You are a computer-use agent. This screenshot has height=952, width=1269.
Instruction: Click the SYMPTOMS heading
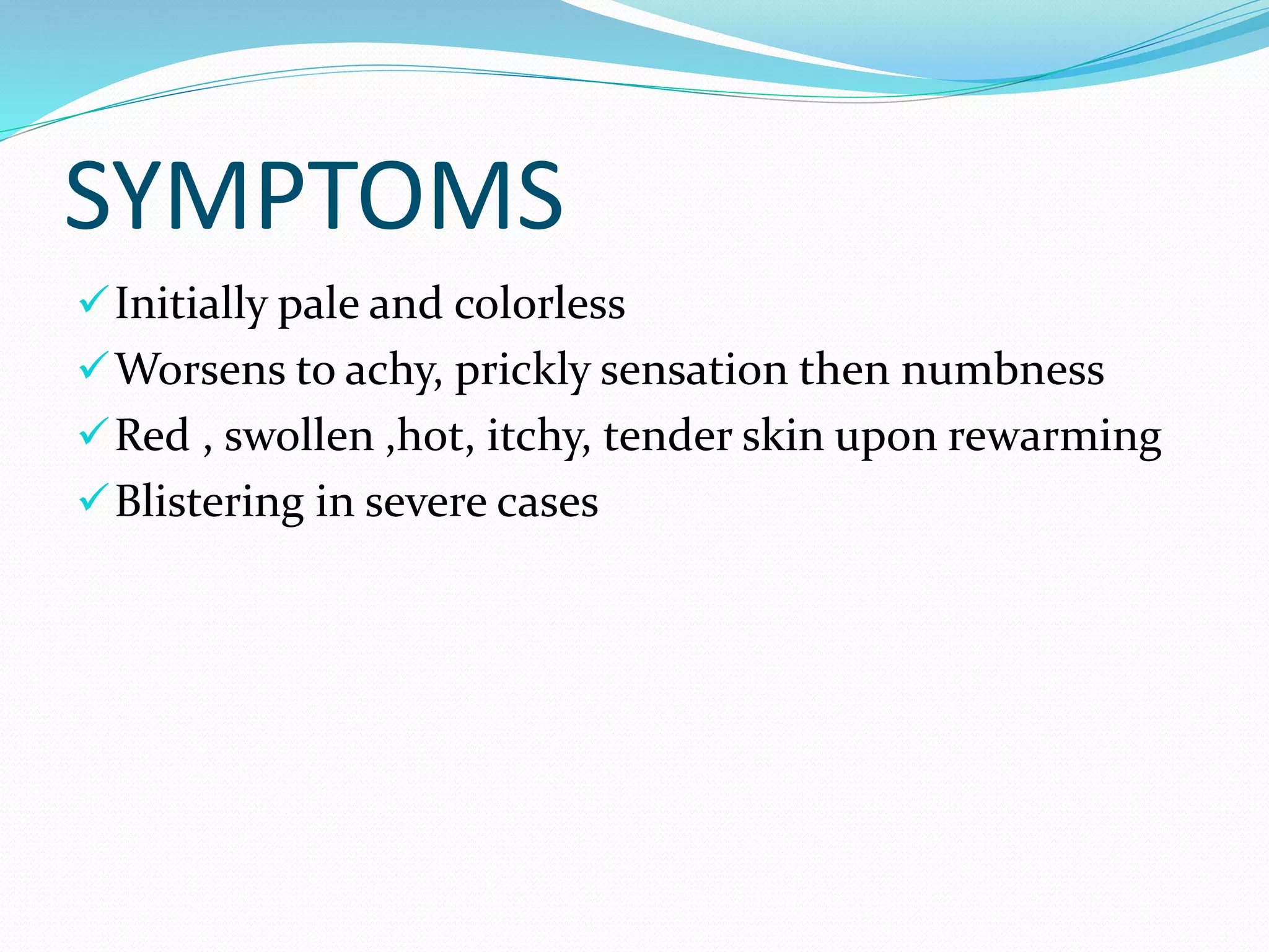click(314, 196)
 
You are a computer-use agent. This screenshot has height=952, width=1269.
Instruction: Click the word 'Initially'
click(191, 304)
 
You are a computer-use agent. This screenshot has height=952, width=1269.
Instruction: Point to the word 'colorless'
click(539, 304)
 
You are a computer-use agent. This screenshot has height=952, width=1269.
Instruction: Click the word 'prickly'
click(522, 372)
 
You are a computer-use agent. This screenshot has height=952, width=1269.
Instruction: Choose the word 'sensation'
click(693, 370)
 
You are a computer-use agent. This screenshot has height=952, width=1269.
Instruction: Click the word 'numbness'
click(1002, 370)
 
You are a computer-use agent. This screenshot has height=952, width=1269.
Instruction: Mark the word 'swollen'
click(299, 436)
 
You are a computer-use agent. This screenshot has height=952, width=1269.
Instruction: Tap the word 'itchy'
click(538, 437)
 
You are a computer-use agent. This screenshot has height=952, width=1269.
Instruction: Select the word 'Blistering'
click(209, 503)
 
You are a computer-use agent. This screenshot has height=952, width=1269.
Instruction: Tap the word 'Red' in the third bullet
click(152, 436)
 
